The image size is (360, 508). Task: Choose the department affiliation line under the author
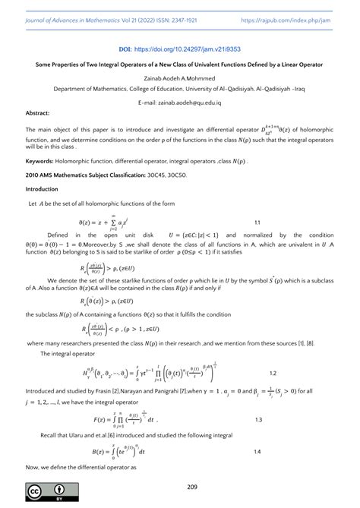[x=179, y=88]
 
